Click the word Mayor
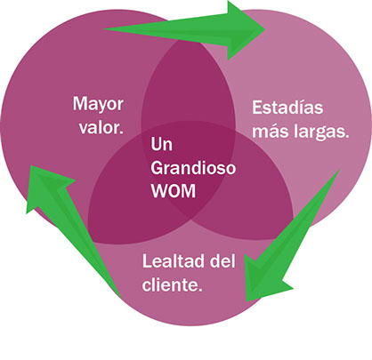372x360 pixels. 98,105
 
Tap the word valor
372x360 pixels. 101,128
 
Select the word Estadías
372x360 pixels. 287,108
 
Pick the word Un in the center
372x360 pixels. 161,144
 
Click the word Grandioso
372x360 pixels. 193,168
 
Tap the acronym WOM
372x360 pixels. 174,191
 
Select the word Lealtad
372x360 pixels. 174,261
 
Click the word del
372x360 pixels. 222,261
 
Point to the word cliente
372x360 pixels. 172,284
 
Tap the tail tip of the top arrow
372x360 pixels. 104,29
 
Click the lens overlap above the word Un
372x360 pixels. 188,89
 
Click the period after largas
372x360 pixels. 347,137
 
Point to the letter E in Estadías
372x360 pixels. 257,108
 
